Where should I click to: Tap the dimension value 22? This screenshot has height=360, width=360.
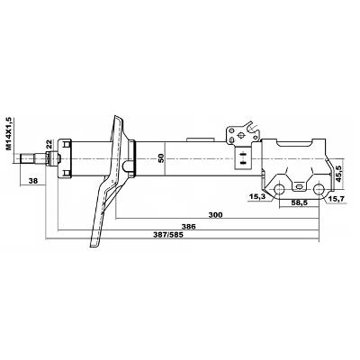click(49, 144)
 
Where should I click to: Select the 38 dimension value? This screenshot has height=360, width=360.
click(33, 181)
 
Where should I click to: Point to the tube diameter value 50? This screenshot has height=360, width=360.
click(161, 157)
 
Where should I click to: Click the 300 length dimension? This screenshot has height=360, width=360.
click(216, 215)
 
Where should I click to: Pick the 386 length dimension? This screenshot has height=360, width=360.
click(190, 227)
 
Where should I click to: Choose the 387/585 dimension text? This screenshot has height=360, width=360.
click(168, 235)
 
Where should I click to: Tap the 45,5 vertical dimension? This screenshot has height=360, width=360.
click(339, 174)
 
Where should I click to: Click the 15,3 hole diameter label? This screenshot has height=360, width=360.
click(257, 197)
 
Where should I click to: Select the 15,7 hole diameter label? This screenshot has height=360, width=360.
click(337, 198)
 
